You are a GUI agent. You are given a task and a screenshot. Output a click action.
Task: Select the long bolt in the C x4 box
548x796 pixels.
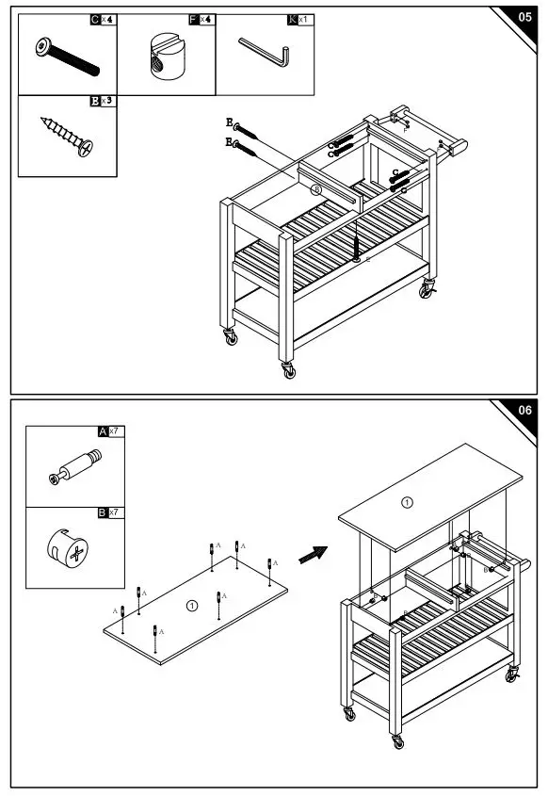[x=66, y=57]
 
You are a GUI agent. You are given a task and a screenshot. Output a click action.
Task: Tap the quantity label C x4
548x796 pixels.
[x=103, y=19]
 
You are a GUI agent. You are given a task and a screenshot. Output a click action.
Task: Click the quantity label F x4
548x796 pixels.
[x=201, y=19]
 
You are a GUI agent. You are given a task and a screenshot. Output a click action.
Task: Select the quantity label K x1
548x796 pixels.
[x=299, y=19]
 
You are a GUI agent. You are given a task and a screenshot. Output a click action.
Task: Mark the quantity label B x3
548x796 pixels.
[x=103, y=100]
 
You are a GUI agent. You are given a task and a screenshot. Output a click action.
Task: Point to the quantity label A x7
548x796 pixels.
[x=112, y=431]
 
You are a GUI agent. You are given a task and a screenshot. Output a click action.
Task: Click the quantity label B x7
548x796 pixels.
[x=112, y=513]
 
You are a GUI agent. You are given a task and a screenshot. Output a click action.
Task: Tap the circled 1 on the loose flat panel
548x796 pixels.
[x=191, y=606]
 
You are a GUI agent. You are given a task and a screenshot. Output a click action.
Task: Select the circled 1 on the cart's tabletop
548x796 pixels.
[x=407, y=502]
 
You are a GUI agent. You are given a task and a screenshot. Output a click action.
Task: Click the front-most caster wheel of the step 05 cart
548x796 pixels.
[x=289, y=370]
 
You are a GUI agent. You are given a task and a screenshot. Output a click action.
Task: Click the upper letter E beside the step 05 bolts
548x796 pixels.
[x=229, y=122]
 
